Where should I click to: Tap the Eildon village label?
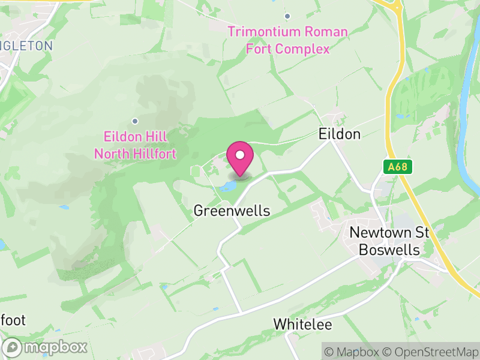click(339, 134)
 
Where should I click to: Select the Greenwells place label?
click(232, 211)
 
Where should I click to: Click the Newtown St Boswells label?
click(389, 241)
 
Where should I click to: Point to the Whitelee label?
click(302, 324)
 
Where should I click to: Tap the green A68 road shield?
click(398, 167)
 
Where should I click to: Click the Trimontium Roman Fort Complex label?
click(287, 40)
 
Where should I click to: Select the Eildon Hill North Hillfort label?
click(135, 145)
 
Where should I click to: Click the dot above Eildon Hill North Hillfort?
click(135, 121)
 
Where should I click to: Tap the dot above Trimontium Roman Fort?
click(287, 16)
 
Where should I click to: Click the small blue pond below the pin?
click(227, 187)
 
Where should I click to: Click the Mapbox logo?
click(46, 347)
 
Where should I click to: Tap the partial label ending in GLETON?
click(27, 45)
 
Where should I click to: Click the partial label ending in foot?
click(13, 320)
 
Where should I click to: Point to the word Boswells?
click(389, 250)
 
